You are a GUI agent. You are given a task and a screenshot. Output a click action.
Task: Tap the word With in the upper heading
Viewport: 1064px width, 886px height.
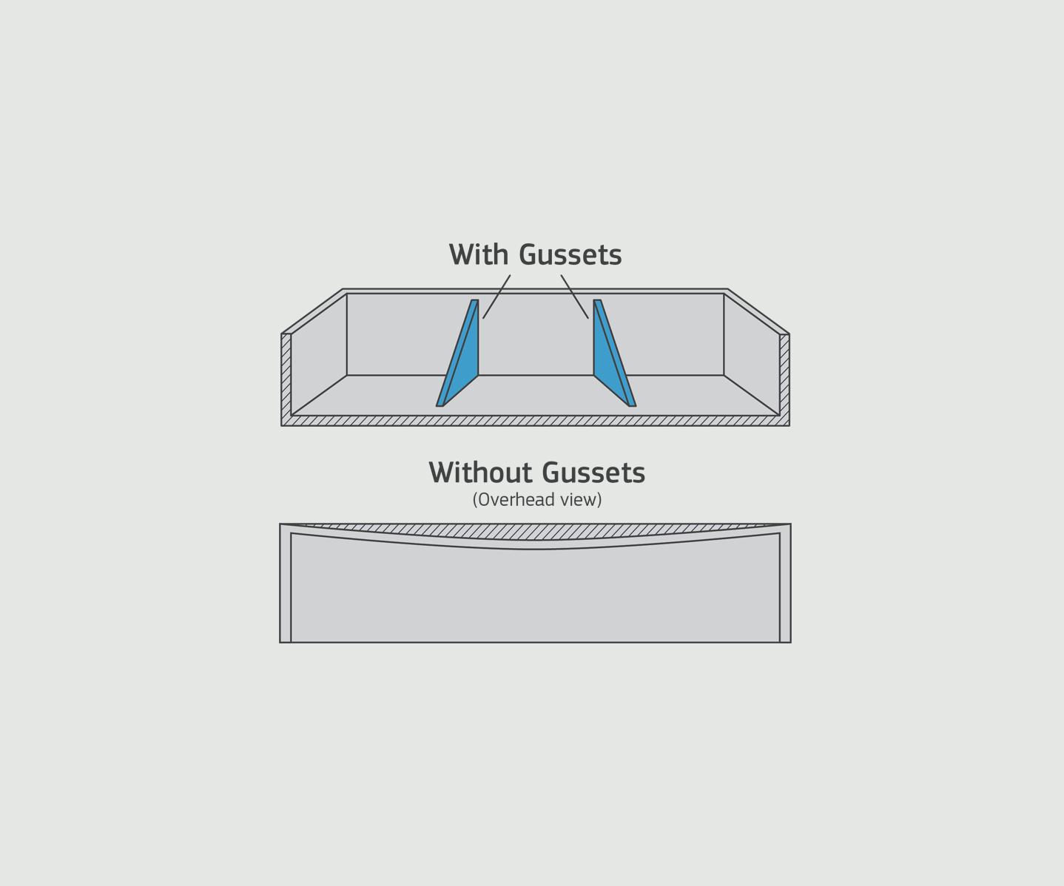(479, 255)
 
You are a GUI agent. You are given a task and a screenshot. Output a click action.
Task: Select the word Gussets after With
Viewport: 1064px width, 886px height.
(570, 255)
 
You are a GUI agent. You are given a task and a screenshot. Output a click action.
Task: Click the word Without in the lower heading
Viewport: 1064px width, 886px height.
(481, 473)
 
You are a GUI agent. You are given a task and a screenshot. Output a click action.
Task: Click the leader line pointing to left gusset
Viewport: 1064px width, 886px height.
(496, 297)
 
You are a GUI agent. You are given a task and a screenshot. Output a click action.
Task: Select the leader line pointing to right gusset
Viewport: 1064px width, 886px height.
(575, 297)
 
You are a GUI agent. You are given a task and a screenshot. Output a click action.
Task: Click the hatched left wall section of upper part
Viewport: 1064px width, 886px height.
(286, 377)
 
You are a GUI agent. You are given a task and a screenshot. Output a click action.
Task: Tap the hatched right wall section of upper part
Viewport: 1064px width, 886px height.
(784, 377)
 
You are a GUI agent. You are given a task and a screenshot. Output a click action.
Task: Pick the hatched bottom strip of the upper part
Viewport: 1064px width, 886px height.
(535, 421)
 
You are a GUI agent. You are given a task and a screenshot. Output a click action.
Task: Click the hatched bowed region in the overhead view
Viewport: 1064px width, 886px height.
(535, 532)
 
